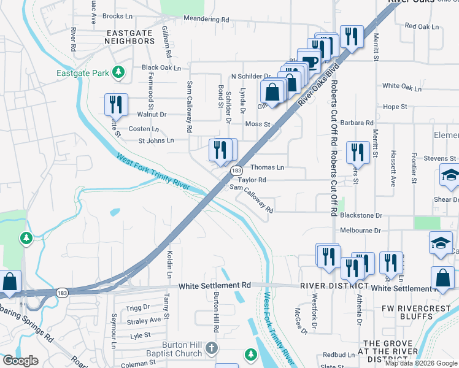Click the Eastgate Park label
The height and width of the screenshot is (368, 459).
[83, 74]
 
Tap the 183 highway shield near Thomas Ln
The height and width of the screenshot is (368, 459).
[236, 171]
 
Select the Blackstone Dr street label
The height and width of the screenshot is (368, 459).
[361, 216]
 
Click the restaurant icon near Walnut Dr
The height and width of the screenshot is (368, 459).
[116, 104]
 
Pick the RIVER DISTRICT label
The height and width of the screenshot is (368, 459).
[334, 286]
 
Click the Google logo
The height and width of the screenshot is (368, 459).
[20, 361]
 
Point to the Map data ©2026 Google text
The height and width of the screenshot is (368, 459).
[421, 363]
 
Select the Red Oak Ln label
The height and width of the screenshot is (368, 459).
[422, 27]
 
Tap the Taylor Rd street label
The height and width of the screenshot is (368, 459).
[252, 180]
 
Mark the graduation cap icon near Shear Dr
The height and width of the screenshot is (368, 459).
[450, 176]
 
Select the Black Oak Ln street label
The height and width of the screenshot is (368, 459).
[161, 67]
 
